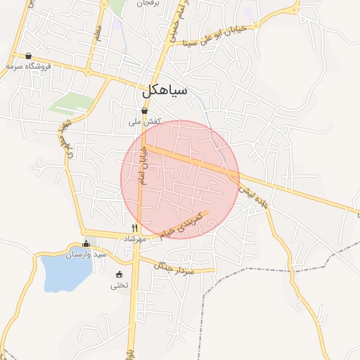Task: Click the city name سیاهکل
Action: point(164,91)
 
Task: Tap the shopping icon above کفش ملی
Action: point(144,111)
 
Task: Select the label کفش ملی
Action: point(145,122)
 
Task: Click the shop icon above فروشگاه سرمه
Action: point(28,56)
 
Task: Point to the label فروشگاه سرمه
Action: point(28,66)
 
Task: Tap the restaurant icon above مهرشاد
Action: point(134,229)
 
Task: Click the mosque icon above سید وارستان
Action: point(86,244)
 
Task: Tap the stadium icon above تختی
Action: point(119,275)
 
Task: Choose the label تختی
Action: point(120,285)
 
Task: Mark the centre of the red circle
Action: point(180,179)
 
